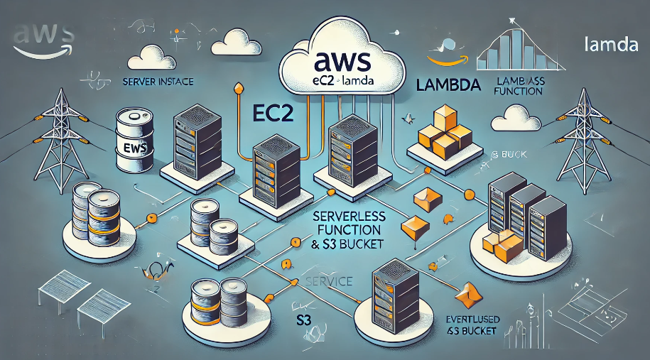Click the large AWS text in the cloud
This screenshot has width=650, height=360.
coord(338,62)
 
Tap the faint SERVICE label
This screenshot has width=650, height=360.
coord(328,282)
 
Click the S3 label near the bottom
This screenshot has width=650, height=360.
coord(304,321)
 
